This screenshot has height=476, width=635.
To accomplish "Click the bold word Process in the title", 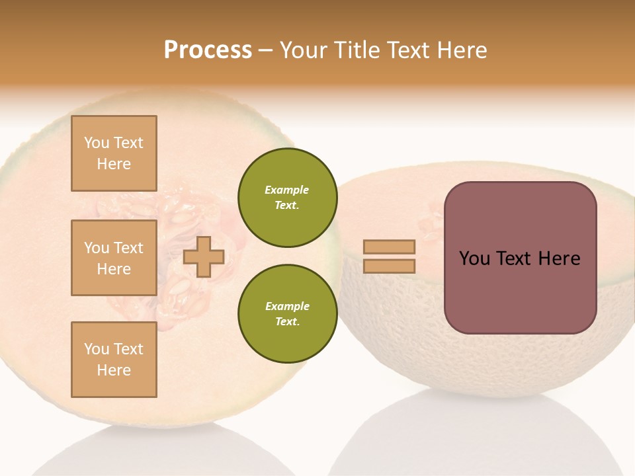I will click(x=208, y=50).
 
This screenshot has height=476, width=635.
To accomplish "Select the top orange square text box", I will click(x=114, y=153).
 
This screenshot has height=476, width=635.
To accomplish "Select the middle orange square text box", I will click(x=114, y=258).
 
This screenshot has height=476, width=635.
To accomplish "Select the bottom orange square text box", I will click(x=114, y=360).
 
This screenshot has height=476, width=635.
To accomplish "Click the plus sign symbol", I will click(x=204, y=257).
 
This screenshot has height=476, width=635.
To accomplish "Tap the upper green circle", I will click(x=287, y=198).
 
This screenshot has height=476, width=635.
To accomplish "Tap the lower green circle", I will click(x=287, y=314).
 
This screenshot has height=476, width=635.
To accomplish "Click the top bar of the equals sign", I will click(x=390, y=247).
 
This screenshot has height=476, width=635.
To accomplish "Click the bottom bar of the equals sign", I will click(x=390, y=266).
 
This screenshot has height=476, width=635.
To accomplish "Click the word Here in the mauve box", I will click(x=559, y=258).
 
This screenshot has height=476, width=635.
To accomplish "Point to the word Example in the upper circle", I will click(x=287, y=190).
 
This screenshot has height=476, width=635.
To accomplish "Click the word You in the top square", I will click(x=96, y=143).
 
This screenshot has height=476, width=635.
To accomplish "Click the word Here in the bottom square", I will click(x=114, y=370).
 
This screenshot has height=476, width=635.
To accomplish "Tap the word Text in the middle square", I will click(x=128, y=248).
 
